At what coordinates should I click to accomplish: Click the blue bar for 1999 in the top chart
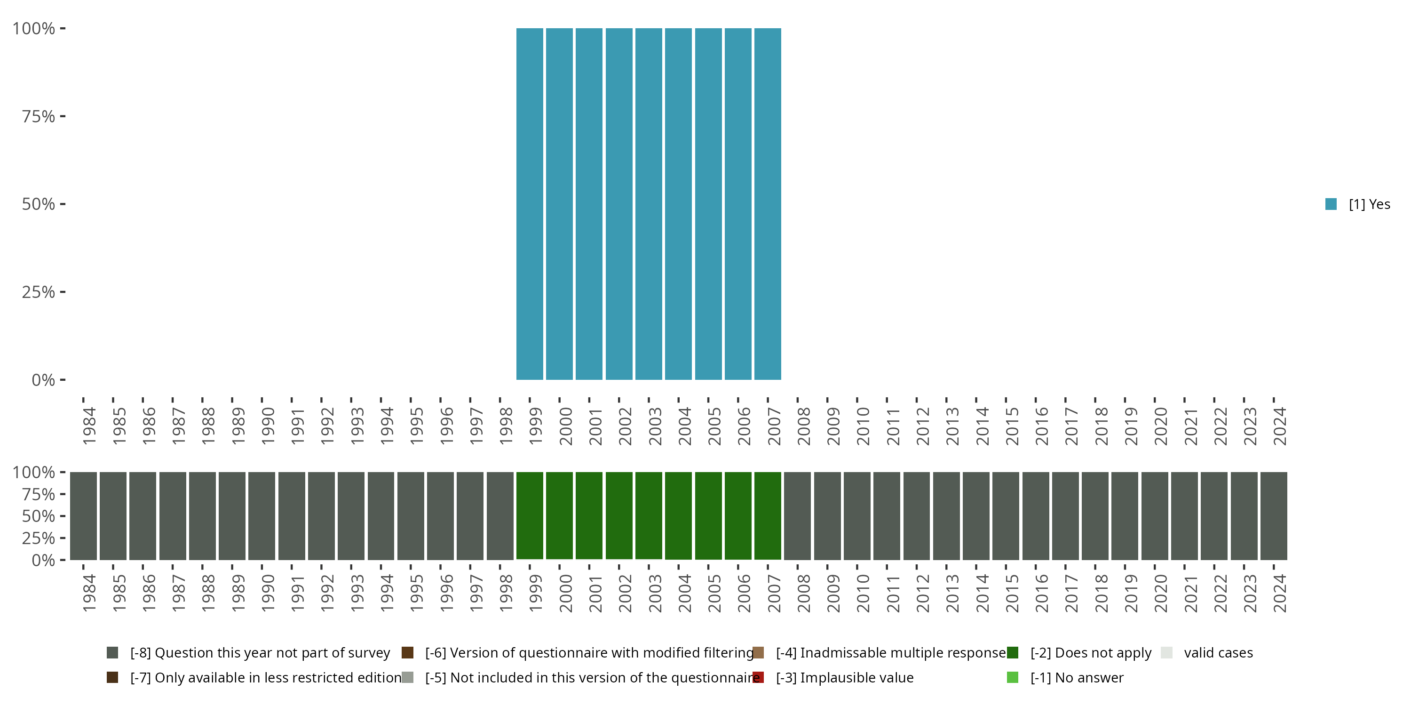(530, 204)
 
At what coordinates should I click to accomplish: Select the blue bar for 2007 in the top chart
(768, 204)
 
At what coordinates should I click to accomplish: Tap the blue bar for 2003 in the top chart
(649, 204)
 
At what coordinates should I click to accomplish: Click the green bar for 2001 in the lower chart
(589, 515)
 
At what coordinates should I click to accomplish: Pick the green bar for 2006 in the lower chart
(738, 515)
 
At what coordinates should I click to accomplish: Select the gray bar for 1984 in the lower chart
(83, 515)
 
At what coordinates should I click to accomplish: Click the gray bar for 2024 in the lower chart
(1274, 515)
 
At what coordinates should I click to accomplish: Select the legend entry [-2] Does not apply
(1091, 653)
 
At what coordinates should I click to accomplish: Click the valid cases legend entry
(1218, 653)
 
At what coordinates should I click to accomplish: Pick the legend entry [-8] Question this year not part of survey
(260, 653)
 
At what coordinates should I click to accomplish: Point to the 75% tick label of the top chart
(39, 116)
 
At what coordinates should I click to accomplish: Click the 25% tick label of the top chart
(39, 292)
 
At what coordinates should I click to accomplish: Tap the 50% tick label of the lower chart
(39, 516)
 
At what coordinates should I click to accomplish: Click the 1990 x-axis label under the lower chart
(268, 593)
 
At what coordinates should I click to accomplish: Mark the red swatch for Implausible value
(758, 677)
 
